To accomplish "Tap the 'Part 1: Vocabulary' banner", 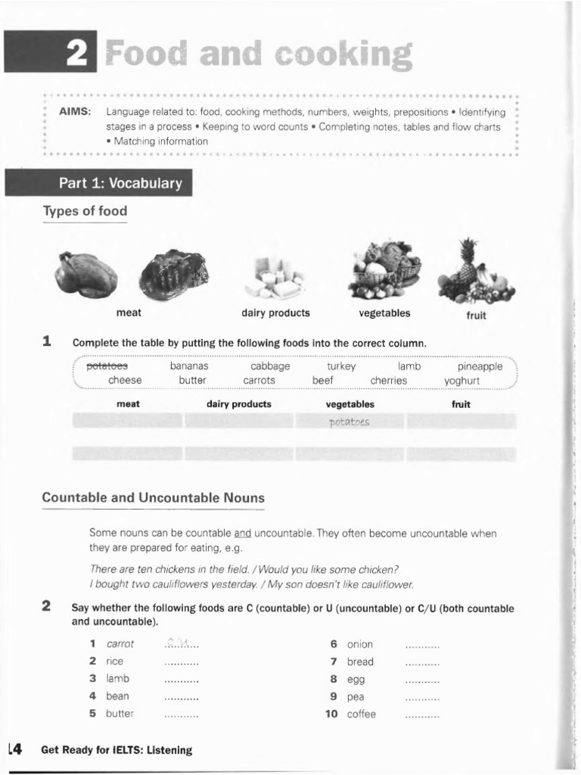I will coord(120,183).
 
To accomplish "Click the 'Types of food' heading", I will coord(85,212).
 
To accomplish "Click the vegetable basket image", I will coord(387,269).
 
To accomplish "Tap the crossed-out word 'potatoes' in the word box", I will coord(107,366).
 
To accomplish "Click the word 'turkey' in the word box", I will coord(341,366).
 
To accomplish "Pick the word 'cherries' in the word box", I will coord(388,381).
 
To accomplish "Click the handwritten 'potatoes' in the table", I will coord(350,422).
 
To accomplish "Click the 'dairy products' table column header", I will coord(238,404).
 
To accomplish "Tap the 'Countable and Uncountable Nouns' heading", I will coord(154,498).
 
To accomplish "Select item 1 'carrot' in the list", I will coord(120,644).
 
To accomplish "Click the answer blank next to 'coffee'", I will coord(422,714).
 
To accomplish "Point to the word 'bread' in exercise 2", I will coord(360,661).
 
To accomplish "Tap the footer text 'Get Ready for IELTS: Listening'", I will coord(117,750).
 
